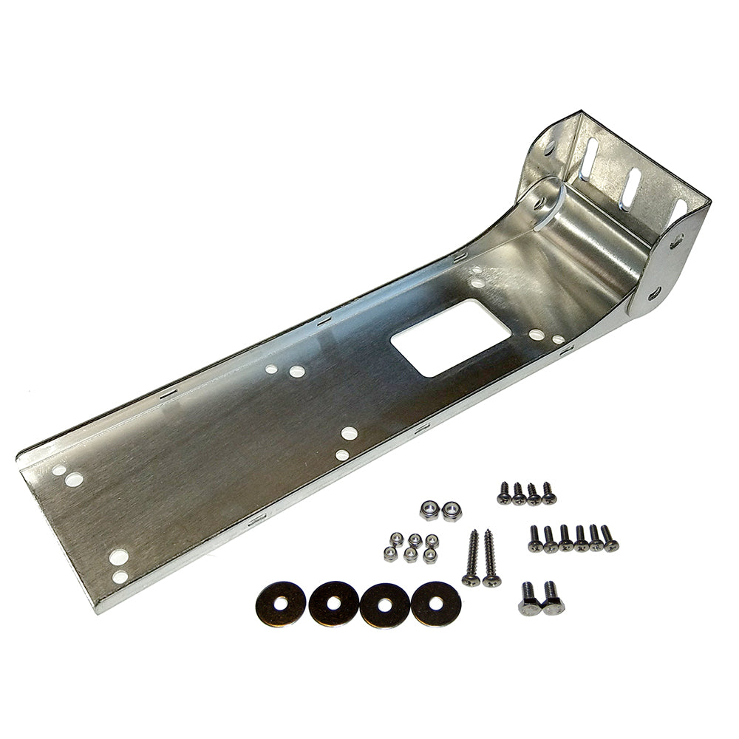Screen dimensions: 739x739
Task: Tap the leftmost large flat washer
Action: click(281, 602)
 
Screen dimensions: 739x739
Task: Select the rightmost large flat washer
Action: click(436, 603)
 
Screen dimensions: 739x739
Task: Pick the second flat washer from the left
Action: click(333, 604)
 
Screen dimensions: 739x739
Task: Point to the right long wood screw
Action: click(491, 559)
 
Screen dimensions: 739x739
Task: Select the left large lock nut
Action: click(428, 508)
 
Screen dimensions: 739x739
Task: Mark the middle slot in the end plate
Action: click(631, 189)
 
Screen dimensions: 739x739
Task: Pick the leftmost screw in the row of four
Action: click(505, 493)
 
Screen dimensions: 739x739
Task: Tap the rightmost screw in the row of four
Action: click(548, 493)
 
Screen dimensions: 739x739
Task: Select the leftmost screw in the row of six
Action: click(535, 538)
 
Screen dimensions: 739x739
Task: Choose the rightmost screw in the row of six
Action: click(609, 539)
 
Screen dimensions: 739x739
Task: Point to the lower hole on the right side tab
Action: click(655, 296)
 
